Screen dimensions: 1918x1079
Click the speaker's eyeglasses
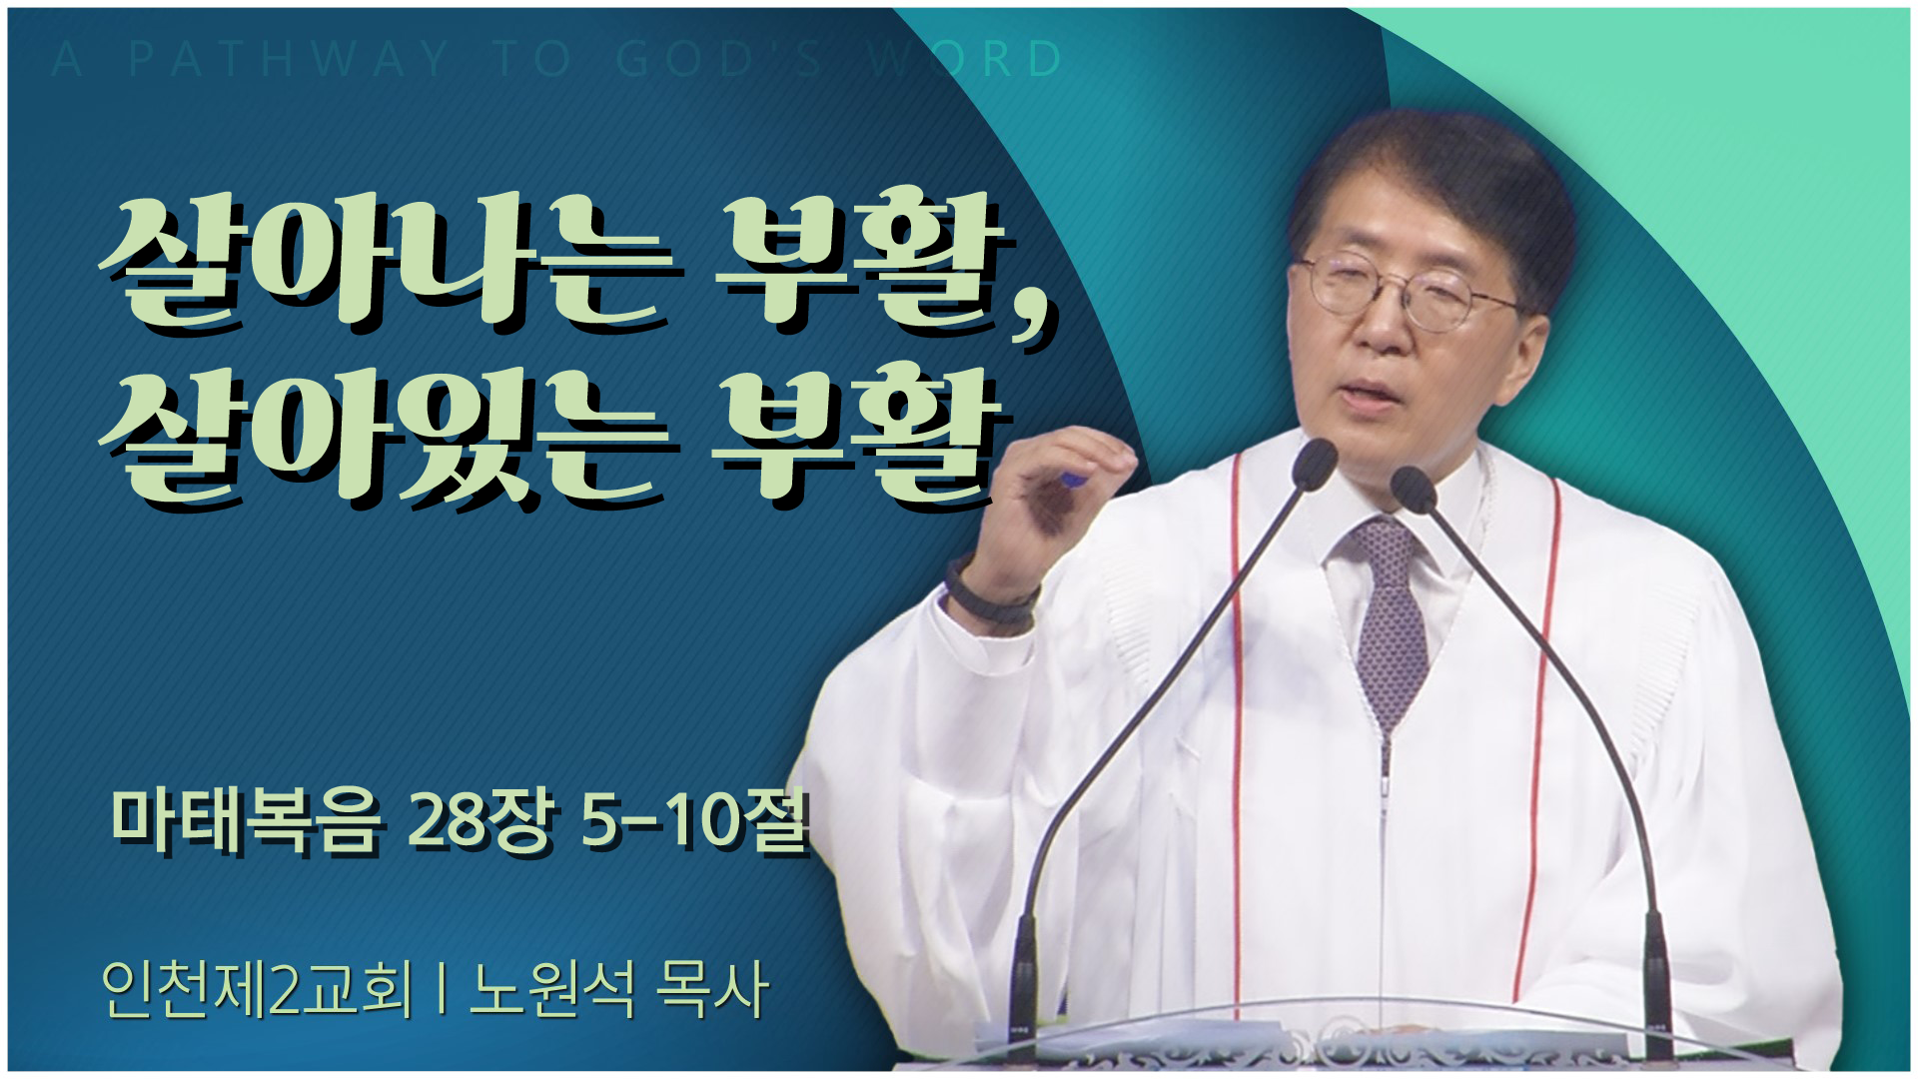click(x=1409, y=285)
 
